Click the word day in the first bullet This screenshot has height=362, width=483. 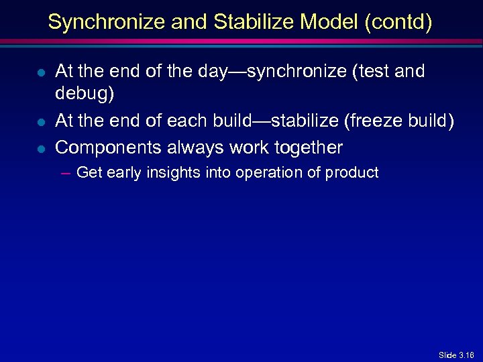point(217,72)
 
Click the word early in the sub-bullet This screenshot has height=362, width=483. point(120,173)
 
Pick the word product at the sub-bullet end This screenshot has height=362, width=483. point(352,173)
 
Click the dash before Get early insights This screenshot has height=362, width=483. point(65,173)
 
